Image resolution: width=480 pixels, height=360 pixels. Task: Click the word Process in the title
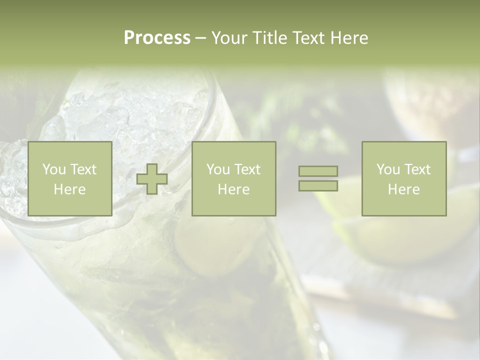click(x=157, y=38)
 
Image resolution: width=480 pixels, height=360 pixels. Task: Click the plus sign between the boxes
click(x=152, y=179)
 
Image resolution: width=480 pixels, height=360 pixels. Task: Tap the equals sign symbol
click(x=318, y=178)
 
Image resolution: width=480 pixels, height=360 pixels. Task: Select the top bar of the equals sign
click(x=318, y=171)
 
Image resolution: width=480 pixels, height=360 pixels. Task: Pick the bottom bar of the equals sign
click(x=318, y=185)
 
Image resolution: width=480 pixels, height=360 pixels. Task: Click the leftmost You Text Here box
click(x=69, y=178)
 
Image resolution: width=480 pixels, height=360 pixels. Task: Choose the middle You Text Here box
click(x=233, y=178)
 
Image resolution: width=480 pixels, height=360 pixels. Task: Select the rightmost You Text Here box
click(x=403, y=178)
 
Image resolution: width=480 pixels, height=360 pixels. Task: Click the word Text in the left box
click(x=83, y=169)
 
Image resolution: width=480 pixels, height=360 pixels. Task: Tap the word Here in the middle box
click(x=233, y=189)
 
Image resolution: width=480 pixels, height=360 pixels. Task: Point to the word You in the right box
click(x=388, y=169)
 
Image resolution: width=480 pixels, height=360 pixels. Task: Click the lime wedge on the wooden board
click(x=400, y=235)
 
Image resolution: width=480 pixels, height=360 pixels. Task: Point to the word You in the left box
click(x=54, y=169)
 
